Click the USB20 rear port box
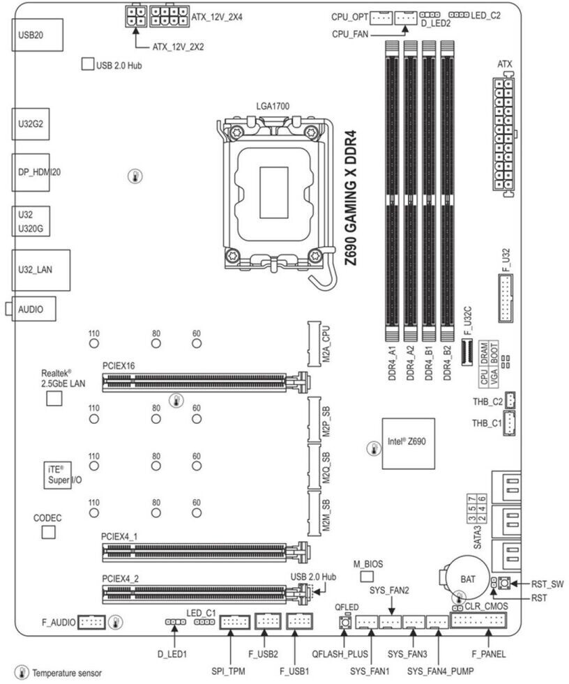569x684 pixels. click(x=37, y=35)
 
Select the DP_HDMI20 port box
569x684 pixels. click(x=31, y=172)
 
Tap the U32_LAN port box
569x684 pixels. click(x=41, y=270)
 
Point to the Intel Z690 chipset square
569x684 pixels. click(x=409, y=443)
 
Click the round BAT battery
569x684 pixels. click(x=467, y=579)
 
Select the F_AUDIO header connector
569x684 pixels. click(x=91, y=622)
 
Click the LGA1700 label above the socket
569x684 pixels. click(x=273, y=106)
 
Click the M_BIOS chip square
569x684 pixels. click(x=367, y=577)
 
